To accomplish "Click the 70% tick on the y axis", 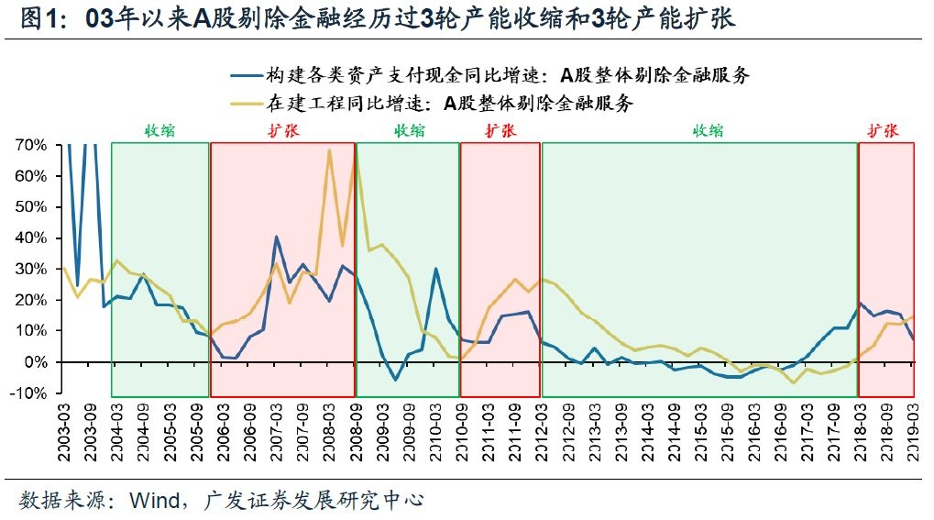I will [31, 145].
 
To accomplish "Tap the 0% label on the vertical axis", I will [36, 362].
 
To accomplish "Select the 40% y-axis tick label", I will [31, 238].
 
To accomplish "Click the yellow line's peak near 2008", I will [329, 150].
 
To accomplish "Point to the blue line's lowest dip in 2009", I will [395, 380].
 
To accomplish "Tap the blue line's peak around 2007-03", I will [276, 237].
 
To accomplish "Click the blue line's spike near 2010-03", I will [435, 269].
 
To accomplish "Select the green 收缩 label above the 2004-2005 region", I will [159, 131].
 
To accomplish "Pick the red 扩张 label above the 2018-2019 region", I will [885, 131].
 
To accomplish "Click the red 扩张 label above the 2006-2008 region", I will [282, 131].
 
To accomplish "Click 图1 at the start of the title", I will [38, 18].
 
